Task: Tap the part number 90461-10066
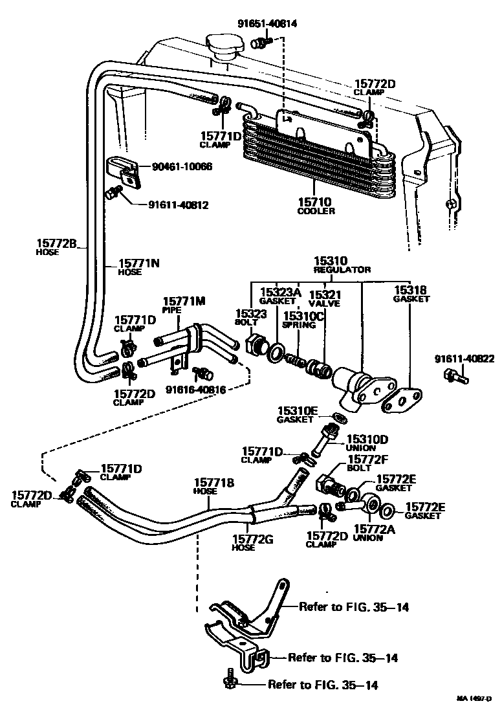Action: click(182, 167)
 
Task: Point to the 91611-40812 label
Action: click(179, 205)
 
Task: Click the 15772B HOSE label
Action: click(56, 247)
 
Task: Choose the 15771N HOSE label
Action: click(139, 267)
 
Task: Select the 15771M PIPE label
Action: click(184, 305)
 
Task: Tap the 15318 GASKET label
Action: click(411, 295)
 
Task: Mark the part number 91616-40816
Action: click(195, 390)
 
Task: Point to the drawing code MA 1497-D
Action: click(476, 698)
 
